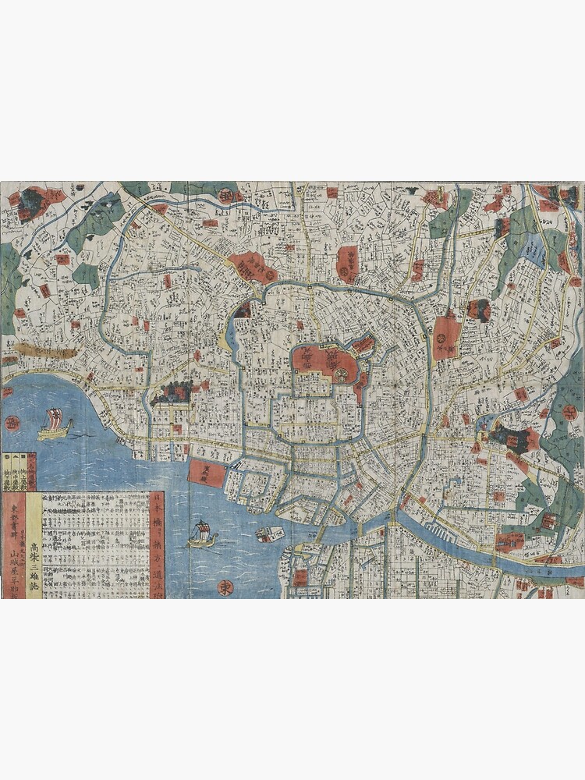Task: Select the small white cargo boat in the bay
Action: tap(270, 534)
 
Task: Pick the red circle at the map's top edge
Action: tap(227, 194)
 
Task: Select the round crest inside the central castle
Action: tap(342, 375)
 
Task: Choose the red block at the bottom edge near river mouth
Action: tap(300, 578)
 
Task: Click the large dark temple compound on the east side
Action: tap(511, 438)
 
